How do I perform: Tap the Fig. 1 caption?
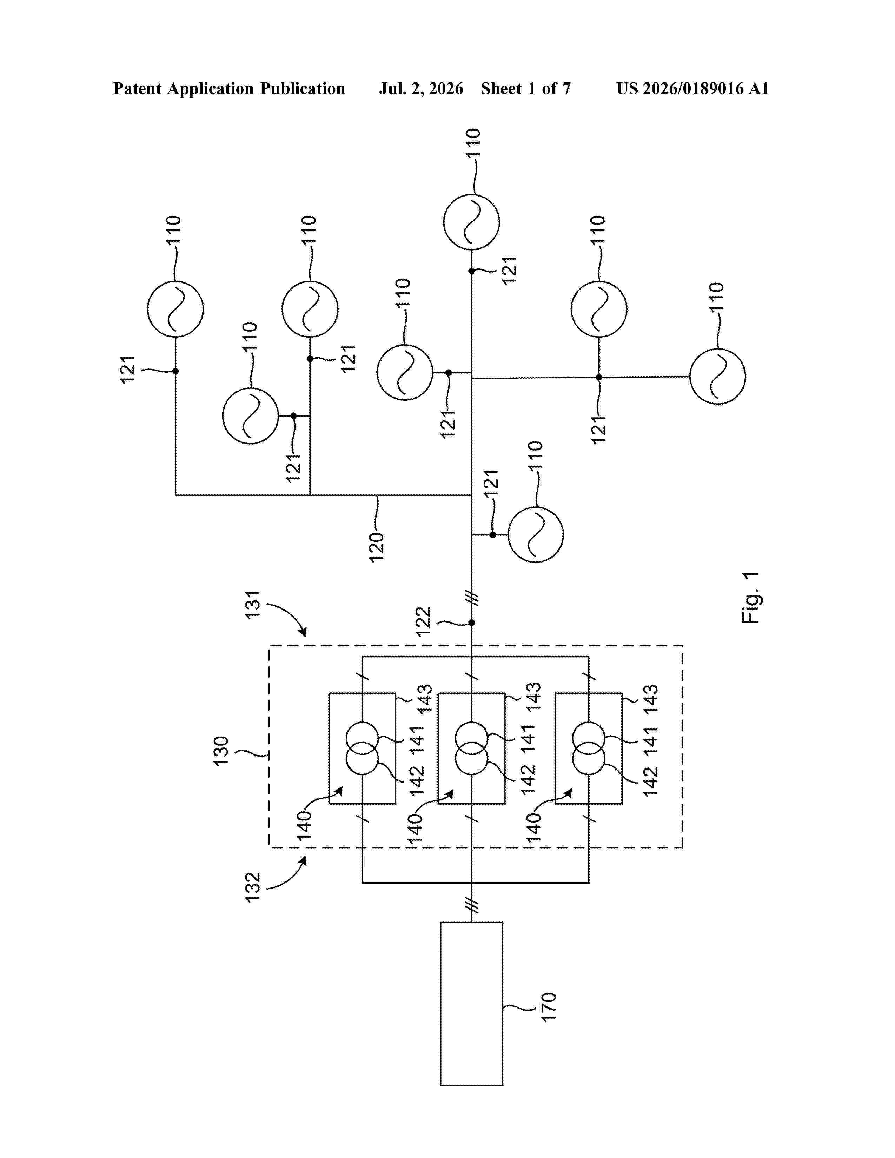[750, 598]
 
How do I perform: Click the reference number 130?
[220, 750]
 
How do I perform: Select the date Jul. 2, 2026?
[421, 88]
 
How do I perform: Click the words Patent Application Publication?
[229, 88]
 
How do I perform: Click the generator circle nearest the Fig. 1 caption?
[717, 377]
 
